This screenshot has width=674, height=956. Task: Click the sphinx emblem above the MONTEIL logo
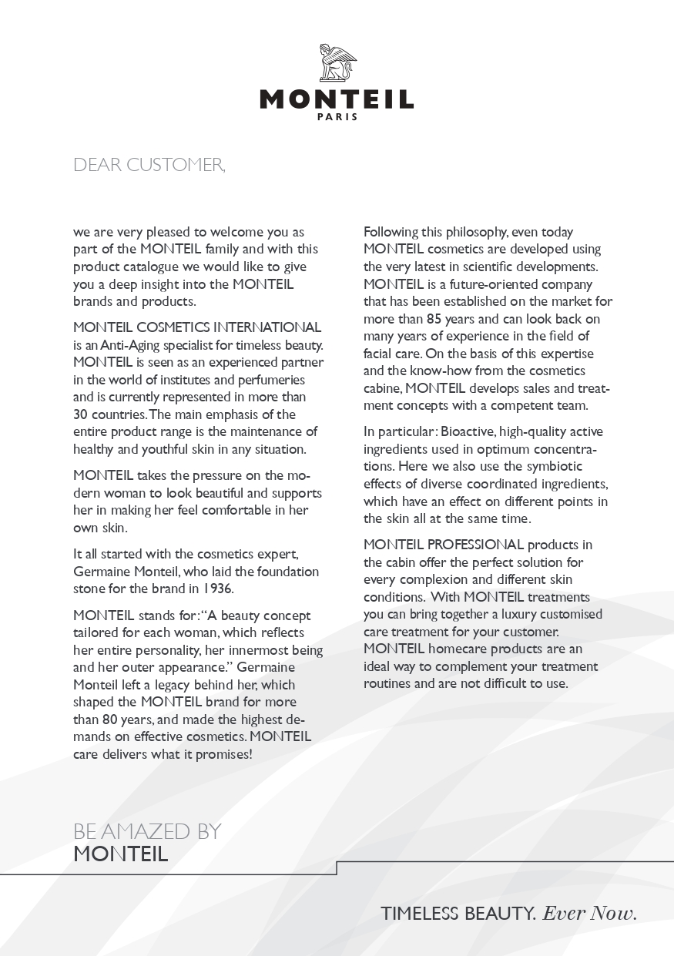click(337, 63)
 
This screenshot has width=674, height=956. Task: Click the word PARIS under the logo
click(337, 117)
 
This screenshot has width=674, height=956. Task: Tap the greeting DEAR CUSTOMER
click(149, 165)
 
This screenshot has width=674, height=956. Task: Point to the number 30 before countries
click(82, 414)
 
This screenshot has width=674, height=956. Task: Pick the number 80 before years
click(111, 720)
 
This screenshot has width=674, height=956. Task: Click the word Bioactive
click(470, 431)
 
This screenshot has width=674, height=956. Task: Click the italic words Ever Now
click(590, 914)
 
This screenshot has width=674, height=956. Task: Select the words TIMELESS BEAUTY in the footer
click(458, 914)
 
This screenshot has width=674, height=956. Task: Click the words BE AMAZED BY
click(147, 831)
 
